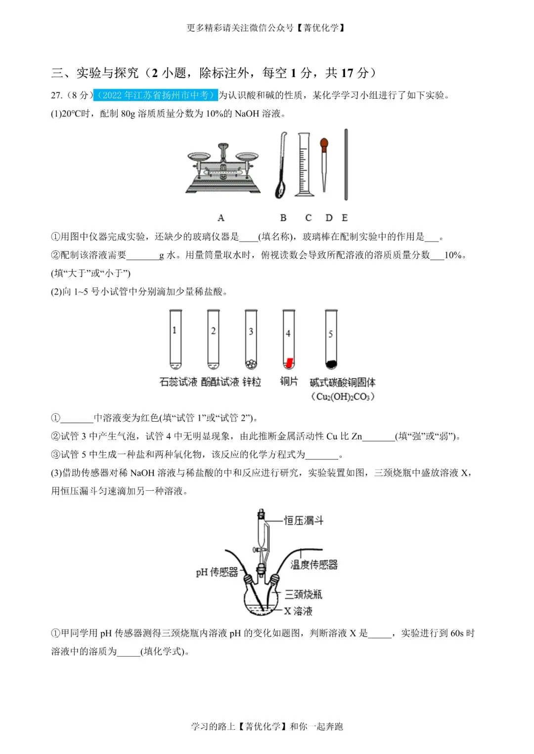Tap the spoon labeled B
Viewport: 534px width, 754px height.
tap(281, 168)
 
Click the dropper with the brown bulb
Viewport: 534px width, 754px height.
tap(324, 163)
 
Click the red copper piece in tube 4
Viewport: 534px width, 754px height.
tap(289, 362)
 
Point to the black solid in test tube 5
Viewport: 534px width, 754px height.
tap(331, 364)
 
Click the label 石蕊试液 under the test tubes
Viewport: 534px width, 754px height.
tap(178, 382)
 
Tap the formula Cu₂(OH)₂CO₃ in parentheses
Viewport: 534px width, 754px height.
tap(343, 397)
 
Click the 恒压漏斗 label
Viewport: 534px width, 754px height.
tap(304, 520)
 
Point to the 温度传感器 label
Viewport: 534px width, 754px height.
tap(314, 564)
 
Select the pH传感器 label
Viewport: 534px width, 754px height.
tap(217, 572)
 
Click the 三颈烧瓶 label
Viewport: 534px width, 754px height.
tap(303, 594)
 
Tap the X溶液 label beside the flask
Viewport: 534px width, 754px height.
tap(298, 611)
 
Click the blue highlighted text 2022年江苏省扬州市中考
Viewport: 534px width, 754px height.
tap(155, 95)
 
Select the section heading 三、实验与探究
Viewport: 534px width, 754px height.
tap(95, 73)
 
